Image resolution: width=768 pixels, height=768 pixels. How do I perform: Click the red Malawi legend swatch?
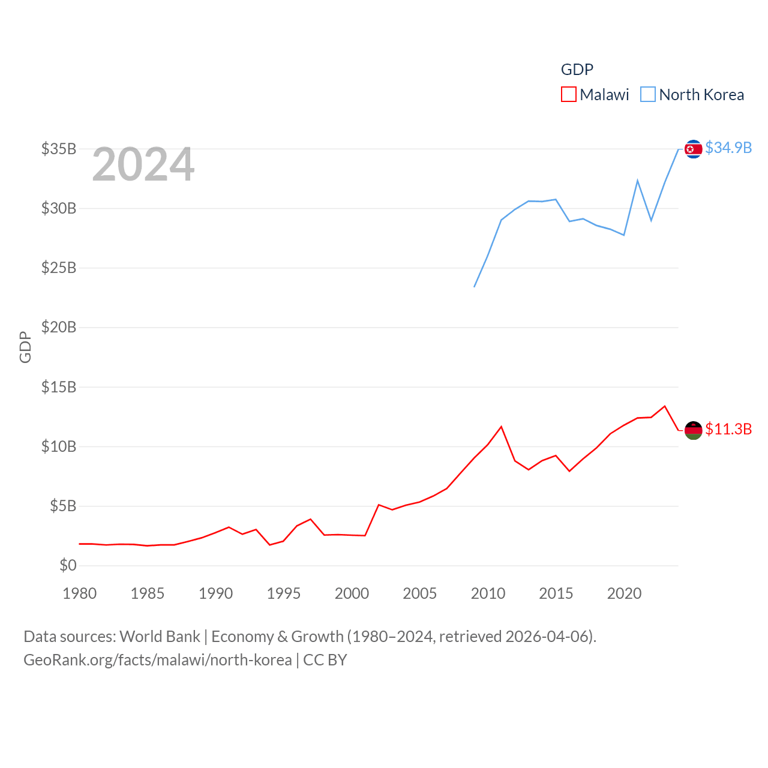pos(568,95)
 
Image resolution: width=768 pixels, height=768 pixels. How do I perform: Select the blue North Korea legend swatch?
pos(648,95)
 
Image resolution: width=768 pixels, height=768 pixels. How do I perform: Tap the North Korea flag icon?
pos(693,149)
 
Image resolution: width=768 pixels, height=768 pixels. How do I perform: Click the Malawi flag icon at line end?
pos(693,430)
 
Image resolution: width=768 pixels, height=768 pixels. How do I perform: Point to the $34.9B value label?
pos(728,148)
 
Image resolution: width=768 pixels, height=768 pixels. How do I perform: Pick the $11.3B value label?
pos(728,429)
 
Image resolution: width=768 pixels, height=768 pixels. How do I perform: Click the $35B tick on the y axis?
pos(59,149)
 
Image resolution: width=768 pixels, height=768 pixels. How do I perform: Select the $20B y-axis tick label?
pos(59,327)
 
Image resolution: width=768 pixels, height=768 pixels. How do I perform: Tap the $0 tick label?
pos(68,565)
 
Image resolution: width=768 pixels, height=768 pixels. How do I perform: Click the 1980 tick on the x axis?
pos(80,593)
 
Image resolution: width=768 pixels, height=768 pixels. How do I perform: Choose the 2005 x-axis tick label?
pos(420,593)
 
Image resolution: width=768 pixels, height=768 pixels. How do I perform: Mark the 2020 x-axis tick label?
pos(624,593)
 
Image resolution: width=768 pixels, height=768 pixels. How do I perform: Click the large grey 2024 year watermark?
pos(143,164)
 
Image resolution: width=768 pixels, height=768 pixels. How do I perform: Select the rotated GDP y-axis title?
pos(25,347)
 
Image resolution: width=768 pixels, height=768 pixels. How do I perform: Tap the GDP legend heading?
pos(577,70)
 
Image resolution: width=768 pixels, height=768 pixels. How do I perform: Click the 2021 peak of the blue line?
pos(637,181)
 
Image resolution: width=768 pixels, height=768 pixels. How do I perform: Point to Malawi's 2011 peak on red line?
pos(502,427)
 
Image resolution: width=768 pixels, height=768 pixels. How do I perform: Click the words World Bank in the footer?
pos(160,637)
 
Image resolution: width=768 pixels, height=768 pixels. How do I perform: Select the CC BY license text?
pos(325,660)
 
